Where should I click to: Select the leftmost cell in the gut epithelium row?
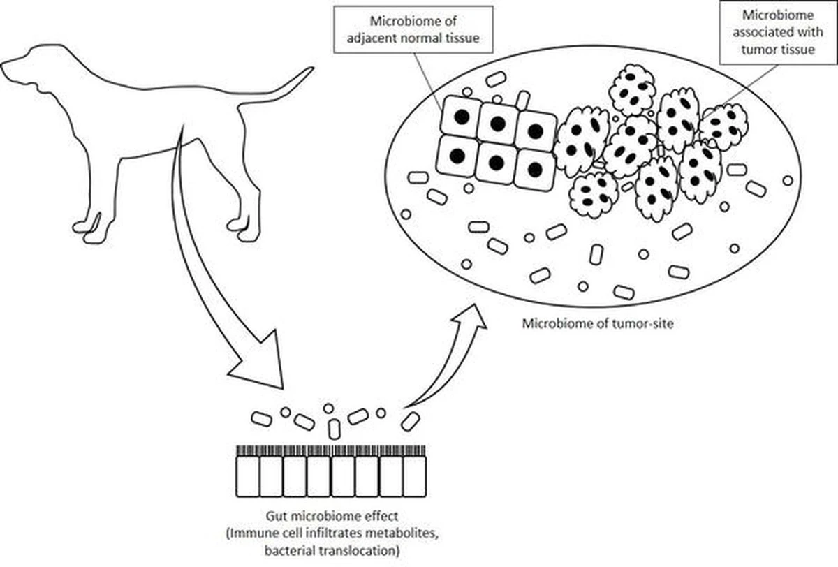pos(247,476)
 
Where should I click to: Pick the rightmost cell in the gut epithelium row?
pos(413,476)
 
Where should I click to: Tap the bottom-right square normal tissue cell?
pos(534,168)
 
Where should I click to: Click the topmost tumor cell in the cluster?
pos(632,89)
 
